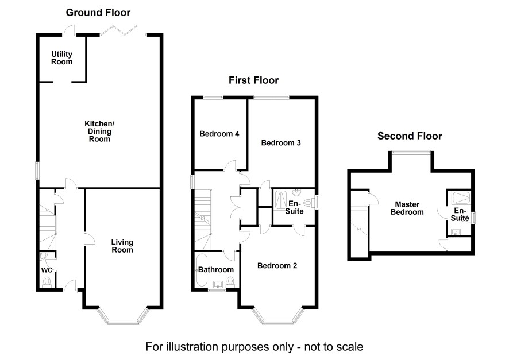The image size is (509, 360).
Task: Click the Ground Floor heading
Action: click(98, 12)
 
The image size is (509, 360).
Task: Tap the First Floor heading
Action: click(253, 80)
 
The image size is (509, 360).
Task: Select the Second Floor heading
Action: click(410, 136)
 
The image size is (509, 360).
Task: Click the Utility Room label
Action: click(61, 57)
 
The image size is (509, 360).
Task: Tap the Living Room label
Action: click(122, 246)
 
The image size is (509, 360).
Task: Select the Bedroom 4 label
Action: click(219, 134)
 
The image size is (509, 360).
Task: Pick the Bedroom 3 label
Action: click(281, 143)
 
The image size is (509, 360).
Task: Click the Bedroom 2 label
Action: click(277, 266)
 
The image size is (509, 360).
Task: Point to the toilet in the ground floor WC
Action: click(47, 281)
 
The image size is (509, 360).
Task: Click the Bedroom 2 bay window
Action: click(279, 316)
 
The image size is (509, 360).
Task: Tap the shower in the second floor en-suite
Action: click(461, 198)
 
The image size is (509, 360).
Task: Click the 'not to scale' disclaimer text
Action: click(254, 347)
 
